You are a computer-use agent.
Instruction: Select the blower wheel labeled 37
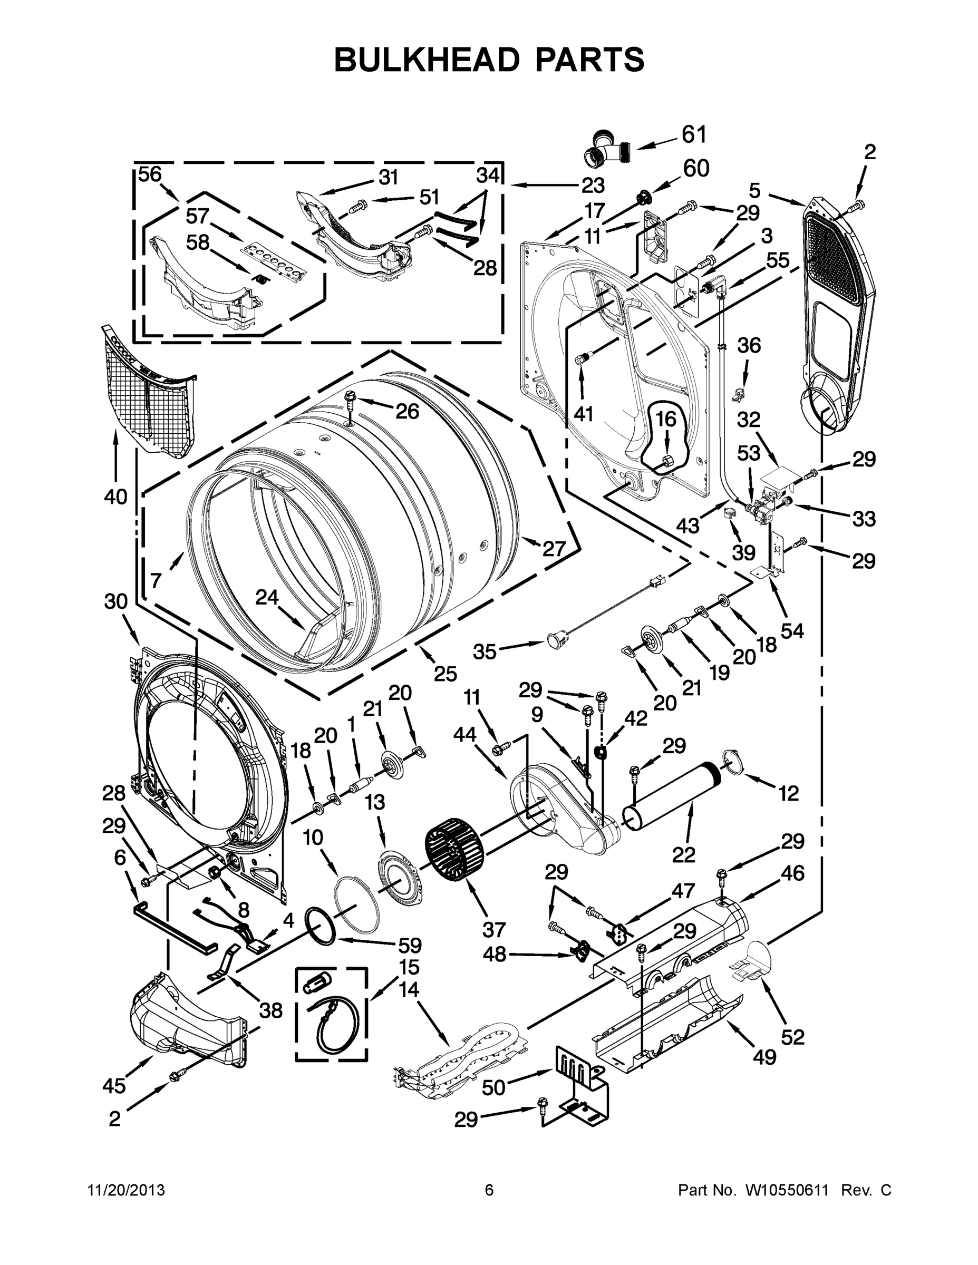(x=455, y=850)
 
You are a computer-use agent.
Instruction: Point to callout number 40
(x=115, y=497)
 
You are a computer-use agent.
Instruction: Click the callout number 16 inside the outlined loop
(x=666, y=420)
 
